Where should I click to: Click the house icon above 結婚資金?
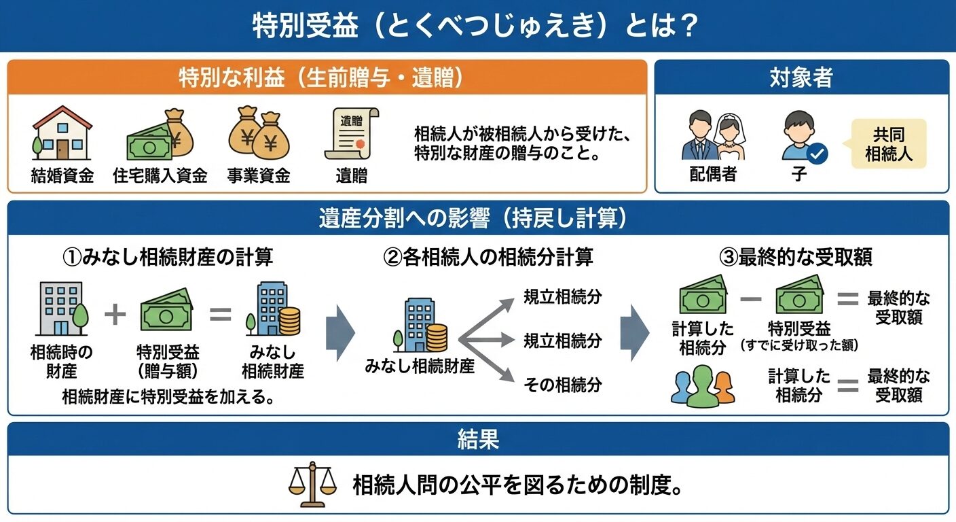pos(62,133)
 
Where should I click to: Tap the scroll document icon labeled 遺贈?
pos(351,133)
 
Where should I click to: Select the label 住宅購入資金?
pos(160,176)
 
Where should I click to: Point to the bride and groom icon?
pos(714,135)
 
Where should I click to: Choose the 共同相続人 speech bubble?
pos(889,144)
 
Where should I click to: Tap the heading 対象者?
pos(801,79)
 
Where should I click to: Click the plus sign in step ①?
pos(115,315)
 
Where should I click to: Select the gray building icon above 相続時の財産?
pos(62,309)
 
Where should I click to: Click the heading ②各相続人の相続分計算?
pos(488,257)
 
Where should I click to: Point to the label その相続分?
pos(562,385)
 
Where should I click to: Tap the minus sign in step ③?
pos(750,298)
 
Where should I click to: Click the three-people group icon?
pos(702,387)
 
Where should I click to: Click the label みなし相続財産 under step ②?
pos(420,367)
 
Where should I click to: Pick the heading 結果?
pos(478,440)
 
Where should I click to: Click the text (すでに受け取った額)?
pos(799,345)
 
